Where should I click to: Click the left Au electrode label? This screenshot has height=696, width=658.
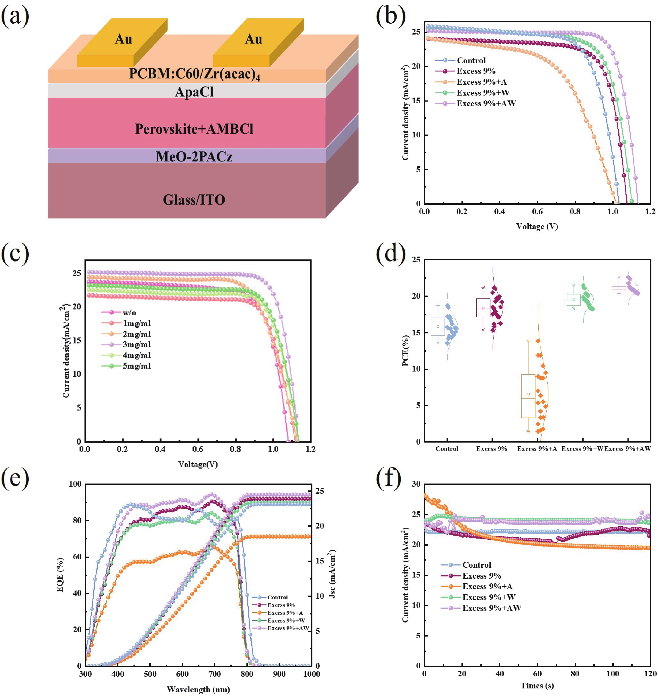[123, 39]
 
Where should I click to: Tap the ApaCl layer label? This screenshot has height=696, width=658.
[194, 92]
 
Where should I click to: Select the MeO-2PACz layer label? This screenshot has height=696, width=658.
[194, 156]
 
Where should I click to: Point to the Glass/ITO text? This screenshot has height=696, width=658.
[194, 200]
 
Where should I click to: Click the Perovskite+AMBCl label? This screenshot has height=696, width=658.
[194, 129]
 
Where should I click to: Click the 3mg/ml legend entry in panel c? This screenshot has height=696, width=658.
[136, 344]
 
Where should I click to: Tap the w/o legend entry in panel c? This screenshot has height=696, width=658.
[129, 312]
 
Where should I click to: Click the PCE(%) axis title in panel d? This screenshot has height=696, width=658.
[406, 351]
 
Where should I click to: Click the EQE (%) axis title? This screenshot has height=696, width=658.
[60, 575]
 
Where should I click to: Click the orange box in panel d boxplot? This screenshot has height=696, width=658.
[528, 396]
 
